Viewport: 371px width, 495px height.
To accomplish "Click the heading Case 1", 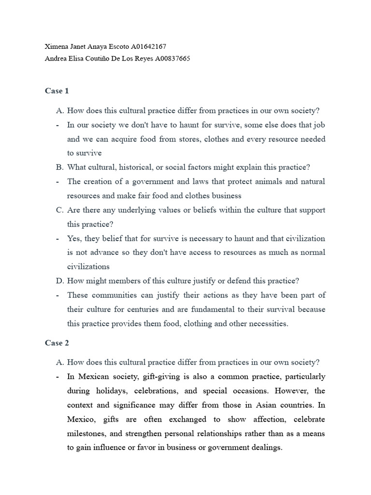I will (x=57, y=91).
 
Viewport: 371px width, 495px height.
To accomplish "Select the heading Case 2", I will (x=57, y=343).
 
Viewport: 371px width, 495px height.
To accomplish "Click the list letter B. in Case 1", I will (x=60, y=167).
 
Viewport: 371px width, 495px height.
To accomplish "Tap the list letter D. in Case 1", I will (x=60, y=280).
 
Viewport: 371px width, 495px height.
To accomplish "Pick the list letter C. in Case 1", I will (x=60, y=210).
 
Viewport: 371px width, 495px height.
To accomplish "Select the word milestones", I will (x=86, y=434).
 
